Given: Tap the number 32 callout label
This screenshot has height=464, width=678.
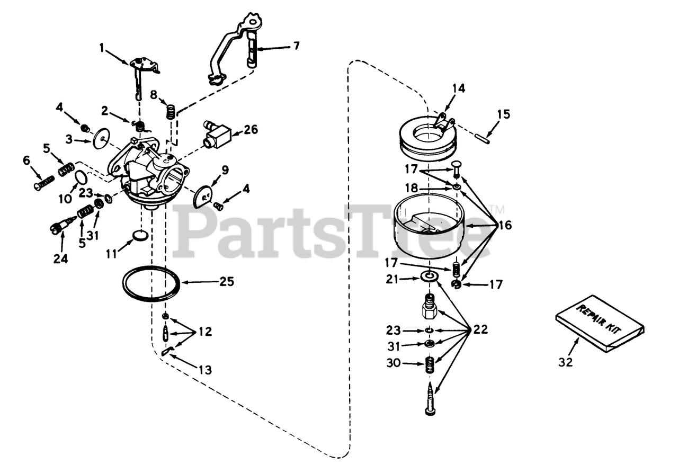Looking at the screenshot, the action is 565,363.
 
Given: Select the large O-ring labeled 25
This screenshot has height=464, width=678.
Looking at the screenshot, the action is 151,284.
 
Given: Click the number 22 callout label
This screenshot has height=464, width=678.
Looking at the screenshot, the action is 480,329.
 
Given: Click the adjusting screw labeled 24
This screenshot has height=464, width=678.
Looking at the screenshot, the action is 60,227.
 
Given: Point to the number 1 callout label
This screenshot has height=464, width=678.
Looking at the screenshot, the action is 102,49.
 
